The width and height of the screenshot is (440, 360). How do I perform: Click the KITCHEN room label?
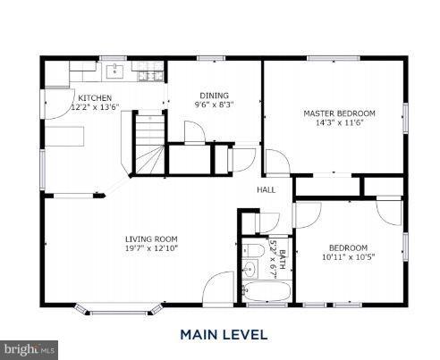[95, 97]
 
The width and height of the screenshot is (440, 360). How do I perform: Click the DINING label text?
[214, 95]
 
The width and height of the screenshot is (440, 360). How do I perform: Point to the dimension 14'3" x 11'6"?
[339, 123]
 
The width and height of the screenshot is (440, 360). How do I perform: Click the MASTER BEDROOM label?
[339, 113]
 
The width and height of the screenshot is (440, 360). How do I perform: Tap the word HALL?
[266, 190]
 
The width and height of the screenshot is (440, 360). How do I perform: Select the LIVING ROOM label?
[151, 239]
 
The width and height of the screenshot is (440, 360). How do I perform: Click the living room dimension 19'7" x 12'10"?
[151, 248]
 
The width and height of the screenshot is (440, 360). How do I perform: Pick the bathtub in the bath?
[267, 291]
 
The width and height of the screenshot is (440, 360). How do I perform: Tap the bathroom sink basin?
[250, 267]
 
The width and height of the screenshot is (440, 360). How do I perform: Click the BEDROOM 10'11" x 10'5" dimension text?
[347, 257]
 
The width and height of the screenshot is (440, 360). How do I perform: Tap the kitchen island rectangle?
[67, 137]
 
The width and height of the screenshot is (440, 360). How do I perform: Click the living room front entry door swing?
[215, 291]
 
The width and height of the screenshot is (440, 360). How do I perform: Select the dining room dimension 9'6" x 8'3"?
[214, 105]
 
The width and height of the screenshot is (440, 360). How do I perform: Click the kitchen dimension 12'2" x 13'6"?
[95, 106]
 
